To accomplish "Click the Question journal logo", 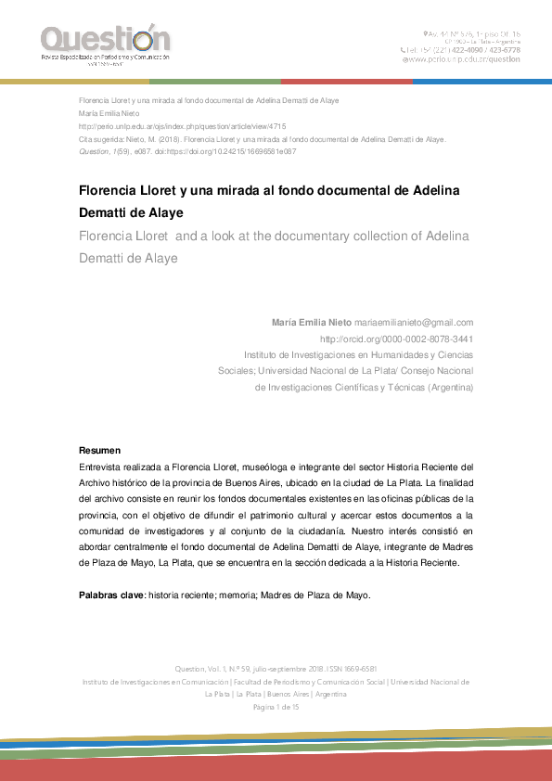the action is tap(104, 41).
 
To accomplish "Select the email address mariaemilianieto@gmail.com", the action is tap(415, 322).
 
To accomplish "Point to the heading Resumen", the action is tap(99, 449).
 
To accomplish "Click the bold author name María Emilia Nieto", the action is tap(311, 322).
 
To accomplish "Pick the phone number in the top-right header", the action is tap(460, 49).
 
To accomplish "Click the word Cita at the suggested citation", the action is tap(87, 139).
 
